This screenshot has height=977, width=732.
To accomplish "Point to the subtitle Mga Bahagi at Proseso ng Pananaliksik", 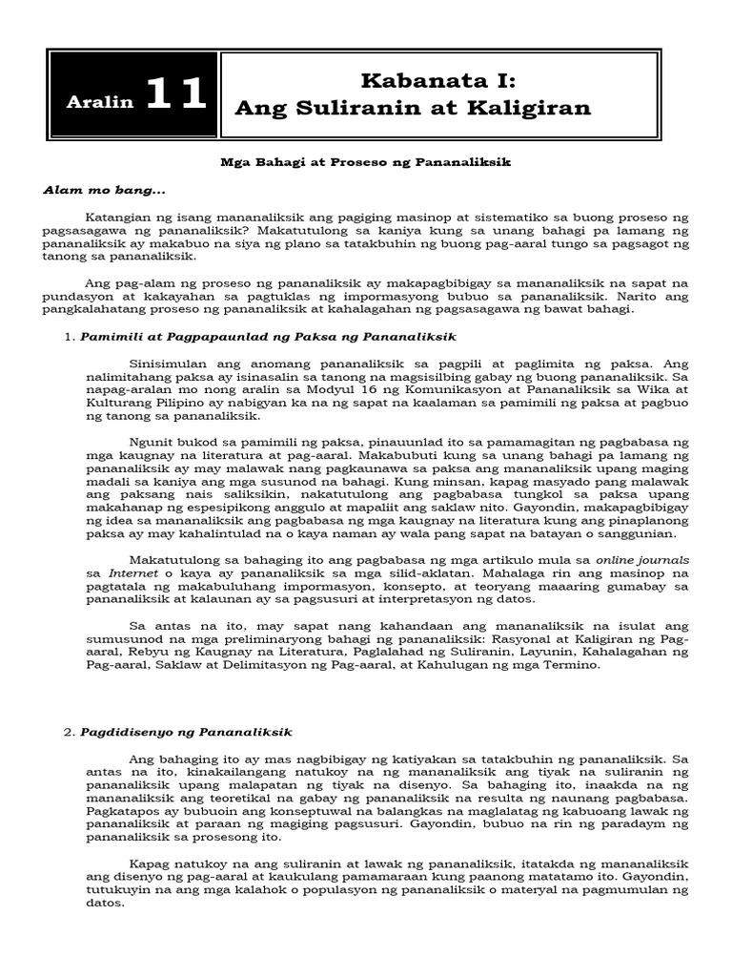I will click(365, 163).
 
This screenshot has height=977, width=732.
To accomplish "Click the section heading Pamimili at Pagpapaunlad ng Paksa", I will click(268, 337).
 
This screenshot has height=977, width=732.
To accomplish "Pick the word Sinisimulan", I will click(169, 364).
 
